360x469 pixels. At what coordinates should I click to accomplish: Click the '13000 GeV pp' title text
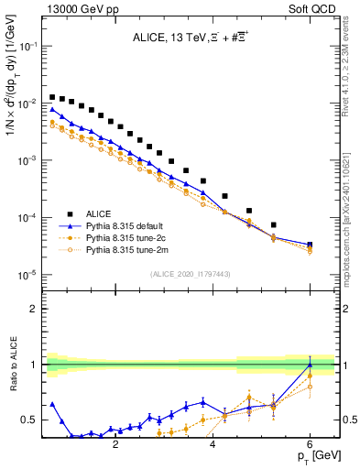coord(77,7)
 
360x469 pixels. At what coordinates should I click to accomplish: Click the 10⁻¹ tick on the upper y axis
coord(28,46)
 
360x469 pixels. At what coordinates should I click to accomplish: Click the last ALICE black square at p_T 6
coord(310,245)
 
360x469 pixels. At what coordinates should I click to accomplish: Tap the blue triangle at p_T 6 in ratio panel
coord(310,365)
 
